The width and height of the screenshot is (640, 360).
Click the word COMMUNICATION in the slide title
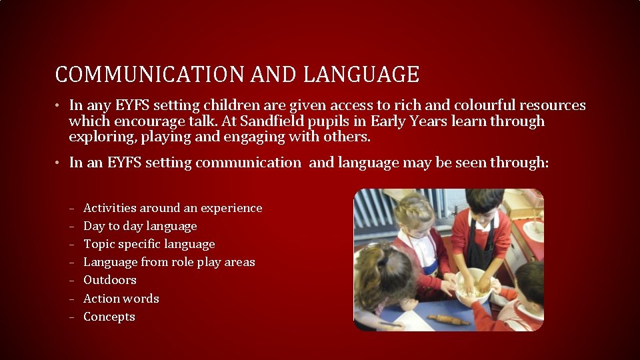click(151, 75)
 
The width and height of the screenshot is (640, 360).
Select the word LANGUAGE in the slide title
click(361, 75)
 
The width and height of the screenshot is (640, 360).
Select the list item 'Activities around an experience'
click(173, 208)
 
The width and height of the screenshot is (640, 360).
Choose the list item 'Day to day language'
click(140, 226)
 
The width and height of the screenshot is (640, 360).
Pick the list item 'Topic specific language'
click(149, 244)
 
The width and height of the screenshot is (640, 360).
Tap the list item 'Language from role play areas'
click(169, 262)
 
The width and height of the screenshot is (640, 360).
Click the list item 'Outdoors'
click(109, 280)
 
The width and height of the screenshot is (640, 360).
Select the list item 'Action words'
click(121, 298)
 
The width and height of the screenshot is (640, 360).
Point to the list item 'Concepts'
click(109, 317)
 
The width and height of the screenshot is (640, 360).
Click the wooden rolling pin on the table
click(449, 320)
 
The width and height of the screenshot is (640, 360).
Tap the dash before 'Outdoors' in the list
click(71, 281)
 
